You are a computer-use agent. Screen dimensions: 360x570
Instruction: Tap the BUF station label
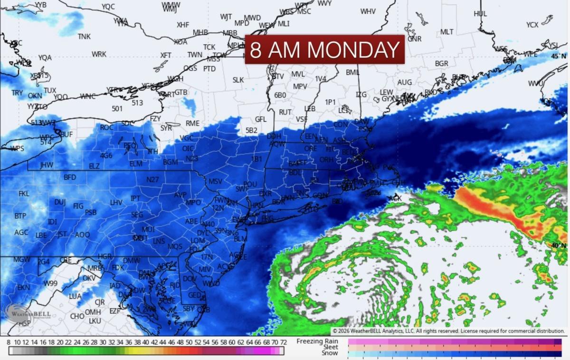click(66, 134)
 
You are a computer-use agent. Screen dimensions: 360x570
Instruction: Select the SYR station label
click(166, 128)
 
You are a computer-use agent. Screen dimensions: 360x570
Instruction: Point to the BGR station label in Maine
click(441, 63)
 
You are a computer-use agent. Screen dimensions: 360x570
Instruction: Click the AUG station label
click(404, 82)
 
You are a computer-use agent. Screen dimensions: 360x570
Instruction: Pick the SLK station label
click(238, 80)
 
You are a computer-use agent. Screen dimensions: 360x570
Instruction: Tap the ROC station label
click(106, 127)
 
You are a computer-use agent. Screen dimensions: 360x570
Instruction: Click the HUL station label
click(480, 14)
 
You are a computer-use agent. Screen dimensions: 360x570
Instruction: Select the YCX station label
click(532, 25)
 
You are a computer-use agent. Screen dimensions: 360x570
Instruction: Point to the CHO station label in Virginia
click(77, 316)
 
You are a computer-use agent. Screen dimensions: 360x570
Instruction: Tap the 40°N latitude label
click(558, 245)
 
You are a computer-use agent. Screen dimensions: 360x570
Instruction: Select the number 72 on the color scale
click(283, 342)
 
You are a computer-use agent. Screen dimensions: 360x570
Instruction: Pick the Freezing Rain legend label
click(317, 341)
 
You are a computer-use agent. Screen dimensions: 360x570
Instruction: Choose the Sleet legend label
click(330, 347)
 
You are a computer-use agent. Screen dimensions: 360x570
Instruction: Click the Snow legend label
click(330, 353)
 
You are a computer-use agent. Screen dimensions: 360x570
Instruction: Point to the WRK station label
click(99, 54)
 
